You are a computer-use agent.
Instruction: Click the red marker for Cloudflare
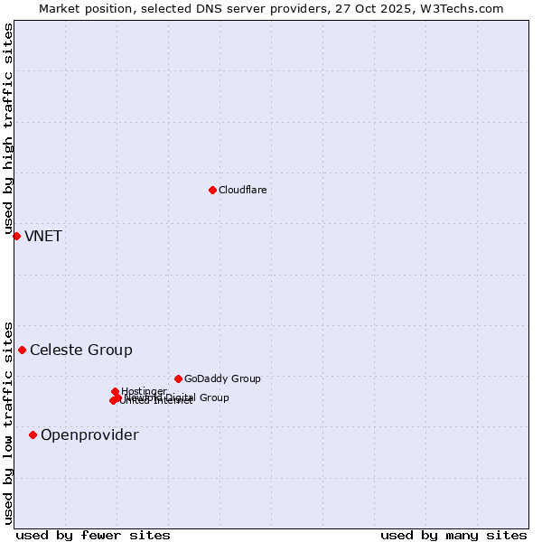click(212, 190)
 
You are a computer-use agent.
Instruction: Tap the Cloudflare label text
click(242, 190)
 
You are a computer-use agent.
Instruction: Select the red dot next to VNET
click(16, 236)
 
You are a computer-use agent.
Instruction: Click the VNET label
click(42, 237)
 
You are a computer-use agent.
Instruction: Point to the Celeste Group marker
click(23, 350)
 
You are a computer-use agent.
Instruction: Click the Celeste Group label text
click(80, 350)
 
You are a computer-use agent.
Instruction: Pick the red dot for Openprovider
click(33, 435)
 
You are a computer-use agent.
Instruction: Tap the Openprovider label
click(89, 435)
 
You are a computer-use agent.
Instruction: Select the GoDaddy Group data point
click(178, 378)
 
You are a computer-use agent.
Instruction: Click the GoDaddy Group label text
click(222, 378)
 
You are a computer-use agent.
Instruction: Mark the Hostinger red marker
click(115, 391)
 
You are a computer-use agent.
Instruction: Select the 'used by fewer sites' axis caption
click(93, 535)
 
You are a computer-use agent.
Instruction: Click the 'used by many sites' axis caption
click(453, 535)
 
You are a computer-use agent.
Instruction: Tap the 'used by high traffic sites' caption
click(9, 129)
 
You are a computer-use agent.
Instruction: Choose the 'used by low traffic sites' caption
click(9, 422)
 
